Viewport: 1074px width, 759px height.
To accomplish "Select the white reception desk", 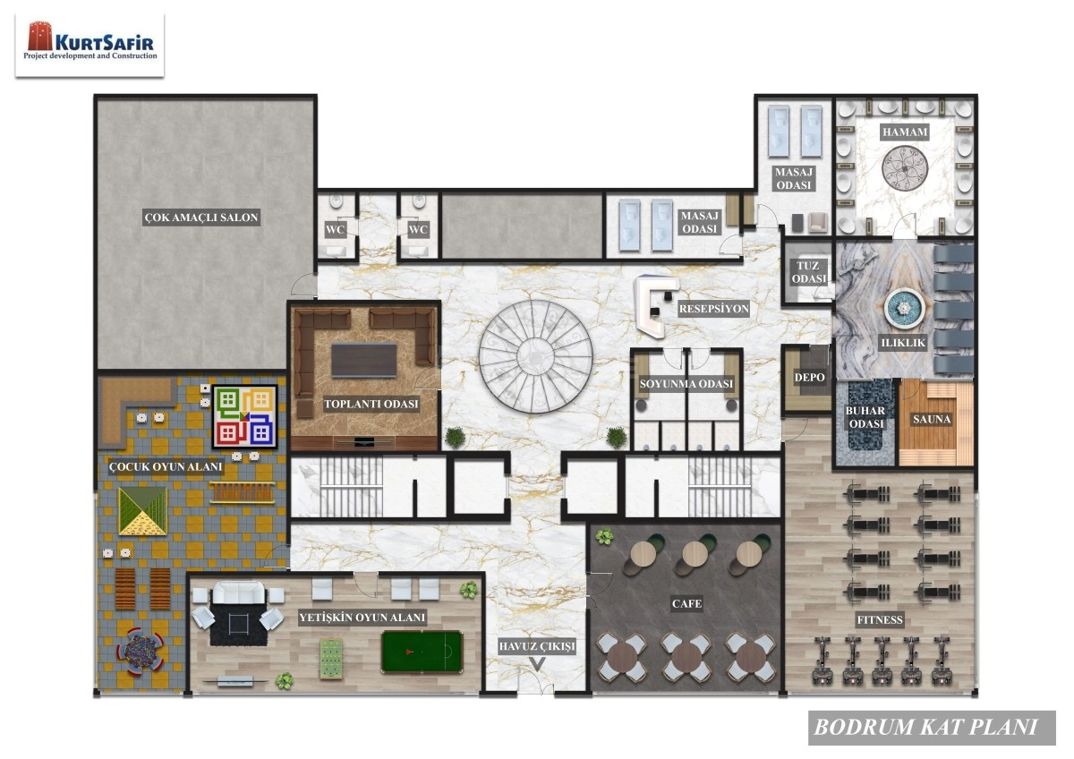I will [652, 307].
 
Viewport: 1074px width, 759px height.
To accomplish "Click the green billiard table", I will [422, 651].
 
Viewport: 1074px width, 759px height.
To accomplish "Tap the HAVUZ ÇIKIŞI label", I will [537, 645].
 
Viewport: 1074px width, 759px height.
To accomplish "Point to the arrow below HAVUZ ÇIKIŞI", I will [537, 664].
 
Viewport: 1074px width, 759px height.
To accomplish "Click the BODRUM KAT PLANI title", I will [925, 727].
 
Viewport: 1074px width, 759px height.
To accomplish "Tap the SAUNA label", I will [932, 419].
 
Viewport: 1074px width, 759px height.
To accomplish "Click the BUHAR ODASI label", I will [865, 417].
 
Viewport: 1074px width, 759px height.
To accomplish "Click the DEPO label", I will [809, 378].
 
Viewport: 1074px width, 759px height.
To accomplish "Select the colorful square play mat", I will [243, 417].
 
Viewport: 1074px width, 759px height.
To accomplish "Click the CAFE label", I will [686, 604].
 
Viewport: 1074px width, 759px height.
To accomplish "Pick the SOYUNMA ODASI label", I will [686, 385].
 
